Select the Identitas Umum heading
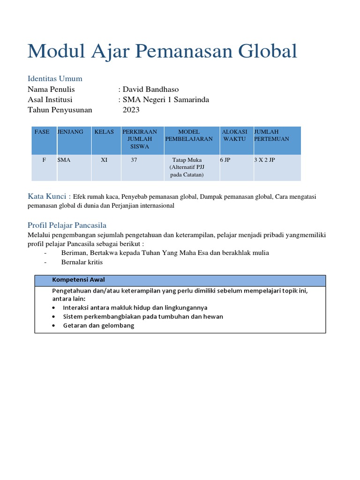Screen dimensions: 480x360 click(55, 78)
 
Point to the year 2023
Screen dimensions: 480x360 click(131, 110)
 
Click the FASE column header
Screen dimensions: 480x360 click(42, 132)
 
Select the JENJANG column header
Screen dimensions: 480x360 click(70, 132)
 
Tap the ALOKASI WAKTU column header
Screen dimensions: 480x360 click(234, 135)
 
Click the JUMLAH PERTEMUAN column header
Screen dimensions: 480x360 click(271, 135)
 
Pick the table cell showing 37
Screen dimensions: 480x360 click(134, 160)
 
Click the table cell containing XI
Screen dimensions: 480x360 click(104, 160)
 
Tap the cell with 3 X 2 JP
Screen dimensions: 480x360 click(264, 160)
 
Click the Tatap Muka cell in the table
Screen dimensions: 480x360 click(187, 167)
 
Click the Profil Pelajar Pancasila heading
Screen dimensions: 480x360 click(67, 225)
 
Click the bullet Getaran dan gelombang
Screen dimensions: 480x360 click(98, 325)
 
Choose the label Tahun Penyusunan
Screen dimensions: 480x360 click(60, 110)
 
